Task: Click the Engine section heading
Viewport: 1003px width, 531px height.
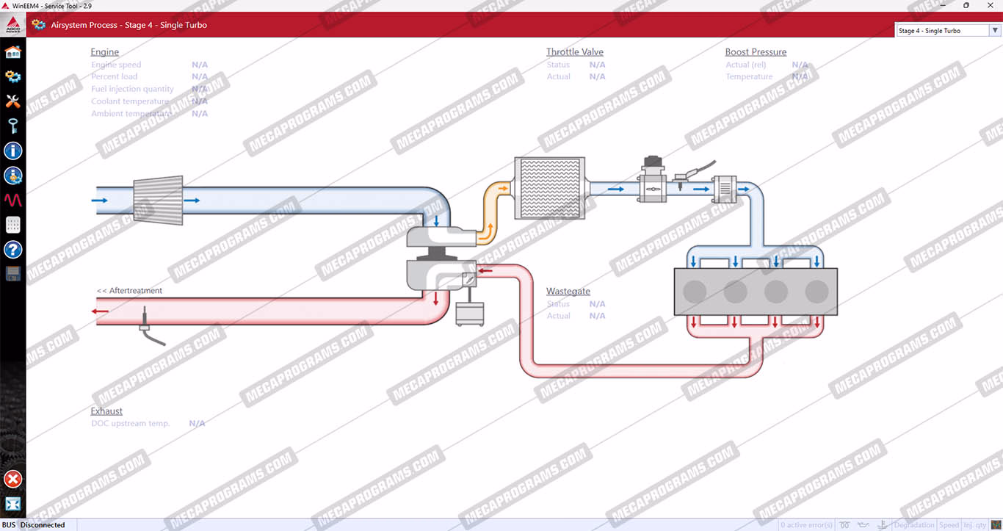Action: [x=104, y=52]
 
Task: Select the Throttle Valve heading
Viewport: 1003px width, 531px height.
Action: [x=574, y=52]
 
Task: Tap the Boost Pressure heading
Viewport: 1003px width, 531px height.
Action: [x=756, y=52]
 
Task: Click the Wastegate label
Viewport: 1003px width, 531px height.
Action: [x=568, y=292]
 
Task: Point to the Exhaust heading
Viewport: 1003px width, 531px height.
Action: [x=106, y=411]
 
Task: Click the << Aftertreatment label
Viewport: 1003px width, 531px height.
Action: [x=129, y=291]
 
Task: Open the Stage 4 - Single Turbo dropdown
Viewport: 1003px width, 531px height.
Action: [x=948, y=31]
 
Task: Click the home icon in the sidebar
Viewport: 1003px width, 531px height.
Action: [x=12, y=52]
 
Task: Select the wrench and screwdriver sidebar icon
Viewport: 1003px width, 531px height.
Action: [x=12, y=101]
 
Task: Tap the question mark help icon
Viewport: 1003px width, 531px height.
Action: [x=12, y=250]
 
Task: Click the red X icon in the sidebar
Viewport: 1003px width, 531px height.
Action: [x=12, y=480]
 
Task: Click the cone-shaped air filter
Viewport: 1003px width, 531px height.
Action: [x=157, y=200]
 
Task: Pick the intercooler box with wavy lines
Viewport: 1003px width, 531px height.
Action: [x=549, y=188]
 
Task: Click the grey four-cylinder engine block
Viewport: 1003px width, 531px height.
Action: [x=756, y=292]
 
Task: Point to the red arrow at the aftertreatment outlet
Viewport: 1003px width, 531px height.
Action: [x=100, y=311]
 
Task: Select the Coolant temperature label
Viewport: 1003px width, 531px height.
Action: [x=130, y=101]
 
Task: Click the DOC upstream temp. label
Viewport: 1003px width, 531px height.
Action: [x=130, y=424]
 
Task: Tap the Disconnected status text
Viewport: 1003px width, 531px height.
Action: [x=43, y=525]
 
